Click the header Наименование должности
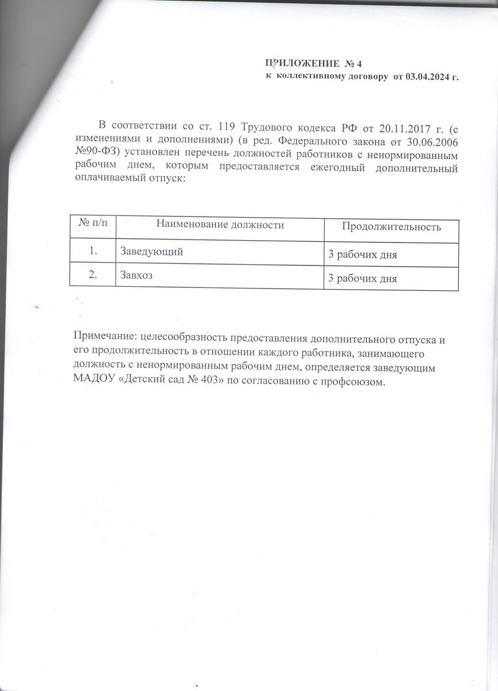[x=221, y=225]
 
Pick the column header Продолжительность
[x=391, y=227]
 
